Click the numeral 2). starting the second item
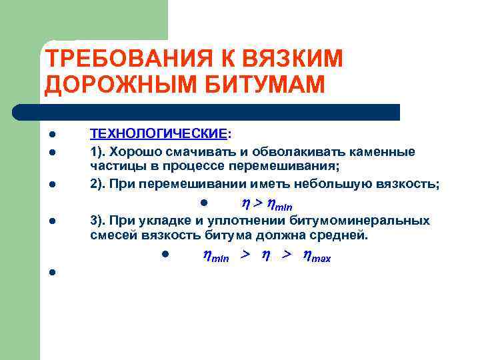point(99,184)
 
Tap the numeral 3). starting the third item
point(99,221)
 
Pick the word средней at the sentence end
point(339,235)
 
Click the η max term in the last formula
point(316,255)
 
